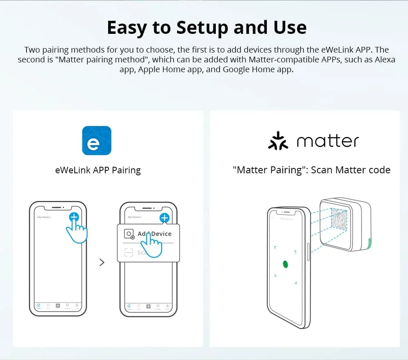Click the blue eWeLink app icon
click(x=97, y=140)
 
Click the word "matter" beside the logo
click(x=328, y=141)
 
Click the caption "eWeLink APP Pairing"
click(x=98, y=170)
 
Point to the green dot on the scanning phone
click(x=286, y=264)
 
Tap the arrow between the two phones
click(x=102, y=263)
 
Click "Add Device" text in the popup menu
click(x=155, y=234)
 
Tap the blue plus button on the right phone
click(x=164, y=218)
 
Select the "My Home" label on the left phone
click(x=44, y=217)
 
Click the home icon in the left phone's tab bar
click(x=38, y=305)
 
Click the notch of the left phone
click(x=58, y=208)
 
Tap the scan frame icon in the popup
click(x=129, y=252)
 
